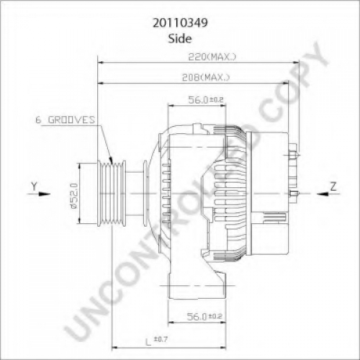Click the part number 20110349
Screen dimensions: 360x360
coord(180,23)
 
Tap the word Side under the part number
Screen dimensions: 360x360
coord(180,39)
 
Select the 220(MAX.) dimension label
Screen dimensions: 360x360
coord(212,57)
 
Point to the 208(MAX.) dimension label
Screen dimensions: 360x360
coord(206,77)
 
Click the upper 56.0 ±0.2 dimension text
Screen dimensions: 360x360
coord(206,100)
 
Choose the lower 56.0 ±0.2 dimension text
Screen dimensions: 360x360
coord(204,317)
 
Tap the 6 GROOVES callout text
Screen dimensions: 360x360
coord(66,120)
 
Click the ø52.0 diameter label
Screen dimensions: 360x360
coord(74,196)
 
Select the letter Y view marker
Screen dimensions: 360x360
coord(35,186)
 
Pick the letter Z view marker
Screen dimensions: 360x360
coord(333,186)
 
